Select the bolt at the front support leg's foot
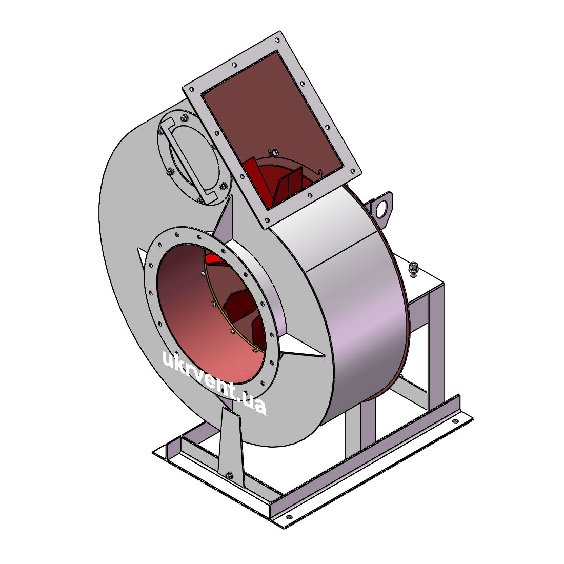[229, 475]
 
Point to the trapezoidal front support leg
[230, 446]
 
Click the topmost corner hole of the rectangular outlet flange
[277, 40]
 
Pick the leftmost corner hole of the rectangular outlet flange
[192, 89]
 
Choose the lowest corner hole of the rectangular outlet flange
[267, 220]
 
